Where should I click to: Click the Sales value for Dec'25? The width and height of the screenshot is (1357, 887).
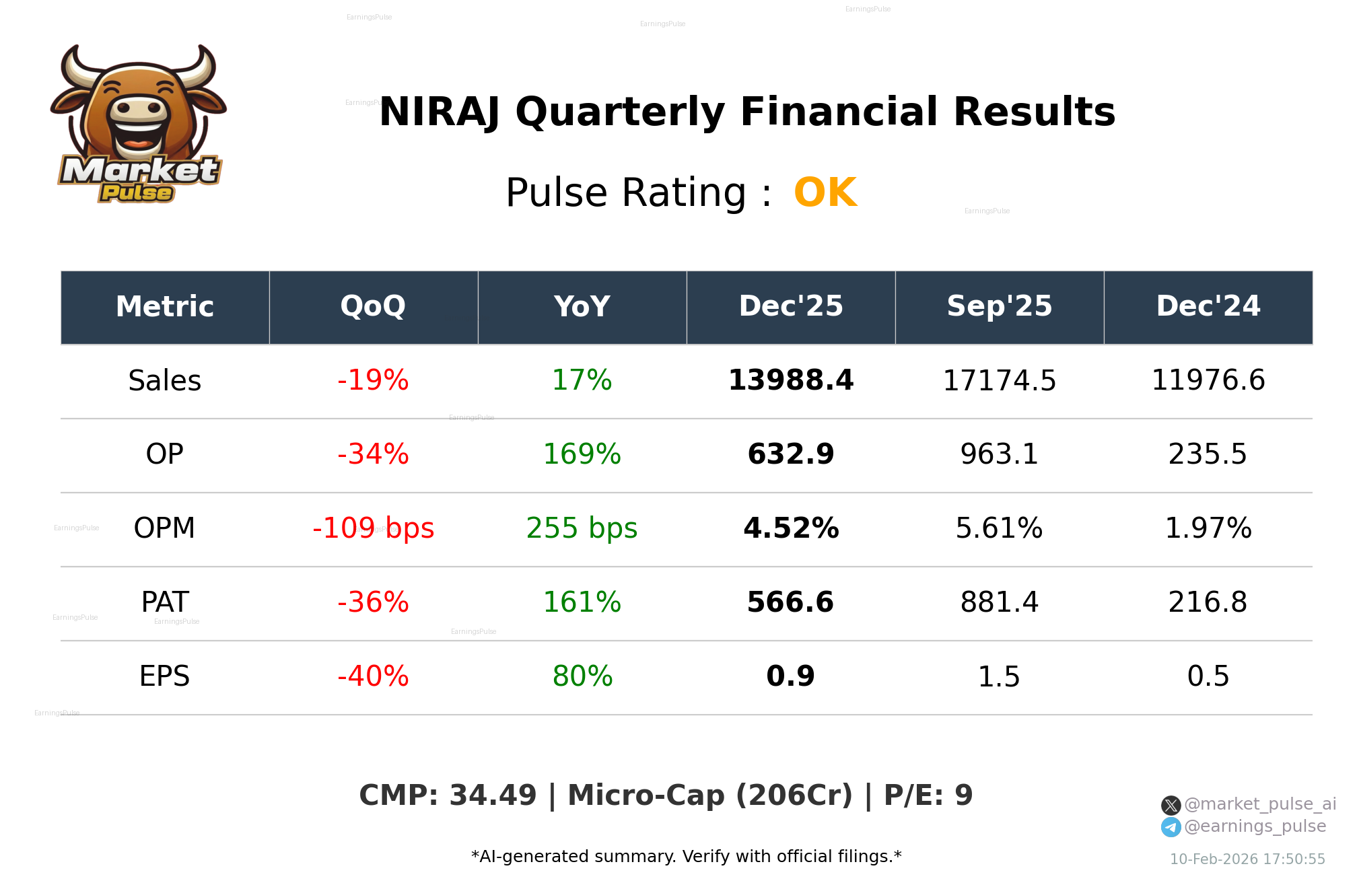[790, 380]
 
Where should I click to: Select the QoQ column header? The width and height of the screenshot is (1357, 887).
[373, 306]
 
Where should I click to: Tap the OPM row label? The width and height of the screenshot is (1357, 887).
[164, 528]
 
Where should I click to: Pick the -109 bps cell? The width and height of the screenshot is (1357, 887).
[373, 528]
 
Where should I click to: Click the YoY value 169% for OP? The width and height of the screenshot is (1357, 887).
[582, 454]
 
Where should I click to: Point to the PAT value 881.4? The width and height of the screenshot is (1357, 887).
[999, 602]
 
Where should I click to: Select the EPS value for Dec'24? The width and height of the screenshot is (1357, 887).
[1208, 676]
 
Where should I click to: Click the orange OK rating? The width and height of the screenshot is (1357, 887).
[825, 193]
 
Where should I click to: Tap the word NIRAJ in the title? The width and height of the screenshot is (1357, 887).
[439, 112]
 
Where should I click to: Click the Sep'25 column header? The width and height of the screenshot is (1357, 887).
[999, 306]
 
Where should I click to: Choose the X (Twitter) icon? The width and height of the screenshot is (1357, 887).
[1171, 805]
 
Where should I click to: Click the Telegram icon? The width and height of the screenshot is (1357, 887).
[1171, 827]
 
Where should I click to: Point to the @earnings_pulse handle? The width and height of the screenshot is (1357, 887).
[1255, 826]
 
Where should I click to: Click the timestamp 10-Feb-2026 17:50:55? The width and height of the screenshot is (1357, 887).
[1247, 859]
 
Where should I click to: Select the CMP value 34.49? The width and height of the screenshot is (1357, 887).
[493, 795]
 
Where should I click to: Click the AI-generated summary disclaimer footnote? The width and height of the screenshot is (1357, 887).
[686, 857]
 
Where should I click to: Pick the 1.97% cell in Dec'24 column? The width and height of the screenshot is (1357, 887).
[1208, 528]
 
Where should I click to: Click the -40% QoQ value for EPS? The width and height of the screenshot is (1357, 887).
[373, 676]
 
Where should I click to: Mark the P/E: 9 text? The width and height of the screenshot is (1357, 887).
[928, 795]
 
